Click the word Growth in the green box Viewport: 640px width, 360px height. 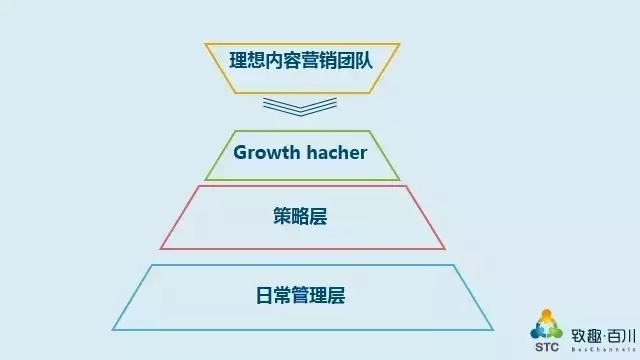(x=267, y=153)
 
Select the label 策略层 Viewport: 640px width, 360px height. (x=300, y=216)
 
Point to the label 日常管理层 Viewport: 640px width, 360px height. (x=300, y=295)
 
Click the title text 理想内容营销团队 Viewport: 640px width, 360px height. (x=301, y=60)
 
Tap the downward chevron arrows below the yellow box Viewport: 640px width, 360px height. (x=300, y=106)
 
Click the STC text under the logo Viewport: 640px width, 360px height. (x=547, y=347)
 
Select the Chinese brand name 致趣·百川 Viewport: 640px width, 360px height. (x=603, y=336)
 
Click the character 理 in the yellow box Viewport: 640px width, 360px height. (x=238, y=60)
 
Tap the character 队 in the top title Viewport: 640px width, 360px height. (x=364, y=60)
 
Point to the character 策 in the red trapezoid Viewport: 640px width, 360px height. (x=282, y=216)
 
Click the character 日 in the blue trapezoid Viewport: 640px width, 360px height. (x=264, y=295)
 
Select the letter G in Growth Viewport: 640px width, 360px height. (x=241, y=153)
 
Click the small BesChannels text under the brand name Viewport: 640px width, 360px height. (x=603, y=349)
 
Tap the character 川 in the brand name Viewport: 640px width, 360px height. (x=629, y=336)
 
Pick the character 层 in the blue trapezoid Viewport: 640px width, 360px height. (x=336, y=295)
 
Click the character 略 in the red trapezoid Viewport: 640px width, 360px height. (x=300, y=216)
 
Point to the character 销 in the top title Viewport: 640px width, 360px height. (x=328, y=60)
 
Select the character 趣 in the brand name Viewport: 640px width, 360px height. (x=594, y=336)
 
